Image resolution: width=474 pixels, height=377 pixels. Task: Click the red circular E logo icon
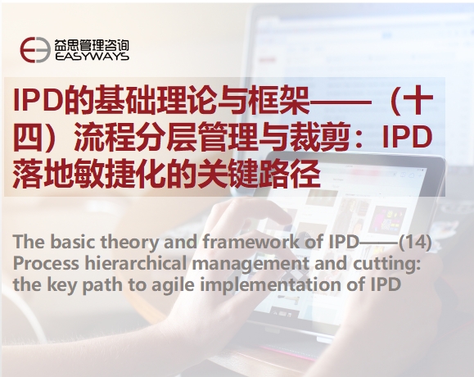pos(35,50)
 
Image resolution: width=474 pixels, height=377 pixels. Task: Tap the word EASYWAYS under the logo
pos(92,57)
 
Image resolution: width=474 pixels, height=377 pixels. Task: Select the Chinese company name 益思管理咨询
pos(92,45)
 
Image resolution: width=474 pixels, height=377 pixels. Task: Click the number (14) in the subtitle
pos(415,242)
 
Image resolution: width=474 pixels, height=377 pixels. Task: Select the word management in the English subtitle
pos(251,264)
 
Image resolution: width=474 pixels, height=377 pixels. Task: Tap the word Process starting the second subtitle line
pos(46,263)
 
